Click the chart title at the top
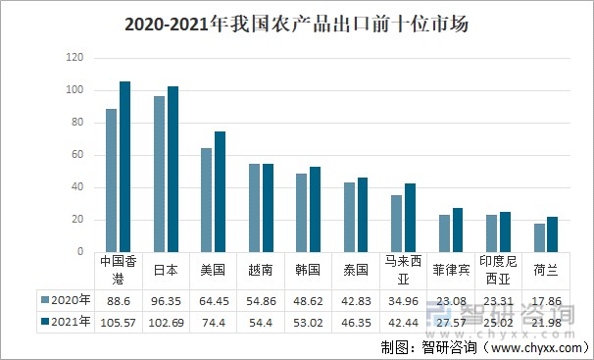[297, 25]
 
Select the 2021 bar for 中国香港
[125, 167]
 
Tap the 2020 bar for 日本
[159, 174]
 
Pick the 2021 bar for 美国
[221, 191]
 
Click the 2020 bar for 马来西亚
[396, 224]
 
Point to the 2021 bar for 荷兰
[552, 234]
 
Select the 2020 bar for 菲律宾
[444, 233]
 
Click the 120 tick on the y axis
[74, 58]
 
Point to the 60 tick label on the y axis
[76, 155]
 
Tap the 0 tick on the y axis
[80, 252]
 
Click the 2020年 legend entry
[66, 300]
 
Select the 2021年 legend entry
[66, 322]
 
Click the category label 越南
[261, 270]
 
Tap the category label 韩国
[308, 270]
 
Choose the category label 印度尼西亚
[498, 270]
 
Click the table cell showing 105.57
[119, 323]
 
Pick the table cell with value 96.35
[166, 301]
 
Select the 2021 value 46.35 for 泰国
[356, 323]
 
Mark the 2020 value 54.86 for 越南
[261, 301]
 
